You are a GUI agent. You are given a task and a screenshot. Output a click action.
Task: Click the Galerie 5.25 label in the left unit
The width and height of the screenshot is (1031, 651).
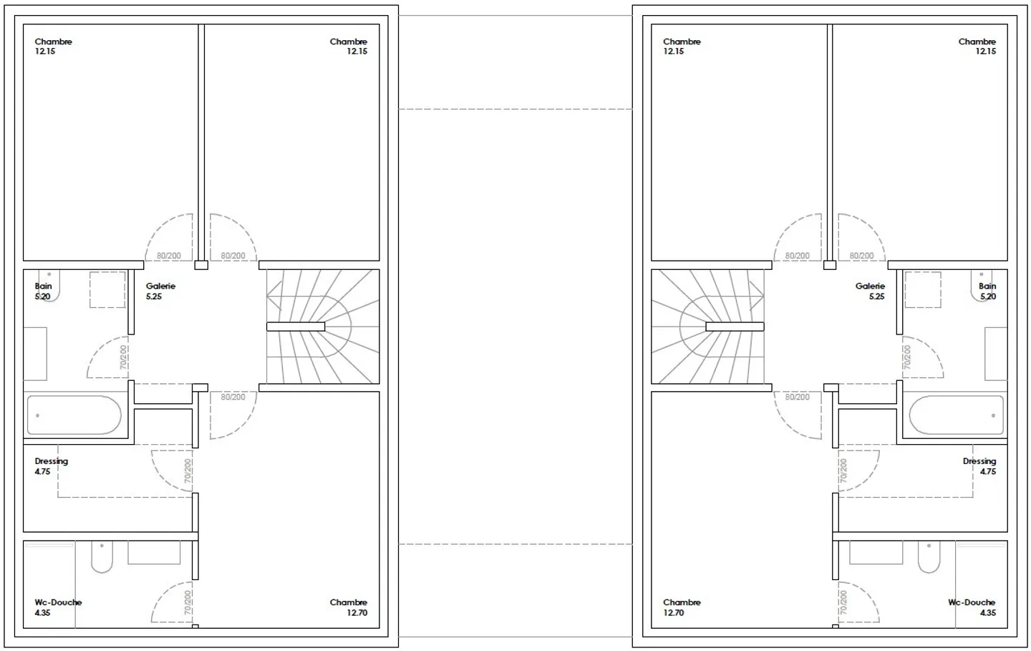[160, 291]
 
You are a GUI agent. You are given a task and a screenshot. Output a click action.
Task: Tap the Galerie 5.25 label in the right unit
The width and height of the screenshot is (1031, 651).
[870, 291]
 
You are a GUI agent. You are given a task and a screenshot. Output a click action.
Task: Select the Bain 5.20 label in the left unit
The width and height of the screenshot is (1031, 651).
[43, 291]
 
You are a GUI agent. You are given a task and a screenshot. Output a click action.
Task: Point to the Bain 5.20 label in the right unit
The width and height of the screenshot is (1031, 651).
[987, 291]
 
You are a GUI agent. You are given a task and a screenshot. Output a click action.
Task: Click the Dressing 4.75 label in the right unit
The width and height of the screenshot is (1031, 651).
[979, 466]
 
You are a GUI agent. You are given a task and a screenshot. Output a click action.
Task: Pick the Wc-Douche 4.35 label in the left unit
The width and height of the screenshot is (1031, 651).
[58, 607]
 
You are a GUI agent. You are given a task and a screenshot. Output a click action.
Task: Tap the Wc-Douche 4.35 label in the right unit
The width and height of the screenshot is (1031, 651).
[972, 607]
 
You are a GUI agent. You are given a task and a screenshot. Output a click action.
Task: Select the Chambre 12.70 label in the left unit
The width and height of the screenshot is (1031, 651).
[349, 607]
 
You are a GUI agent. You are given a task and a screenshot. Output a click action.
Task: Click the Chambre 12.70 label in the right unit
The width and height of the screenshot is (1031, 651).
[682, 607]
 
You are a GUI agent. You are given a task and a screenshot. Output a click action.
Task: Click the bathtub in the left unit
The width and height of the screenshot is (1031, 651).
[74, 415]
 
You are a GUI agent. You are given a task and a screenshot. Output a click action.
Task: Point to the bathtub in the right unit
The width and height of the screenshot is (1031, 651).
[957, 415]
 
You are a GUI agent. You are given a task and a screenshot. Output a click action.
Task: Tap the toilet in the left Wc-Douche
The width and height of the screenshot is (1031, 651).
[102, 557]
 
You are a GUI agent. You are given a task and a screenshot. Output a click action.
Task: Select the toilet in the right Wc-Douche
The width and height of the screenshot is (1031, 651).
[929, 557]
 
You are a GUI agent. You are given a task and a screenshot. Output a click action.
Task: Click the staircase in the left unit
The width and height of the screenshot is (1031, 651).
[323, 327]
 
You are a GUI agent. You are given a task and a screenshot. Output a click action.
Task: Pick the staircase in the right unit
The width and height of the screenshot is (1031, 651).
[708, 327]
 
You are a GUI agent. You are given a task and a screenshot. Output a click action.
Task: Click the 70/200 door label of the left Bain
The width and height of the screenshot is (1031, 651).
[123, 357]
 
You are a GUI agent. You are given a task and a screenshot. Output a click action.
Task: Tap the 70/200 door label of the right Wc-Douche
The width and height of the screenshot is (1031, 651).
[843, 603]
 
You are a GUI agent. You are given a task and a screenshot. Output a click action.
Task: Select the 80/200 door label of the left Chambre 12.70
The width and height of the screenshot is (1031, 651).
[233, 397]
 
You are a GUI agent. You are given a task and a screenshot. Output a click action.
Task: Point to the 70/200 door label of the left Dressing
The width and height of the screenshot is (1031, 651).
[188, 471]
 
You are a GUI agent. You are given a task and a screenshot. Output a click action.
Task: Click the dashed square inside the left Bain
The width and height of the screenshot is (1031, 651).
[107, 289]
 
